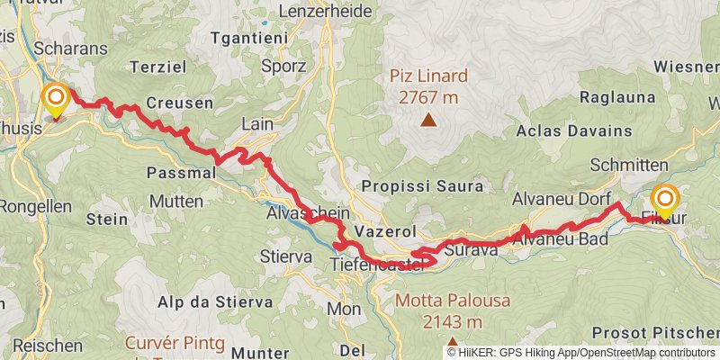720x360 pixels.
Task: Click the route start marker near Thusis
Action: click(57, 98)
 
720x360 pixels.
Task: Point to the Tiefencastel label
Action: click(375, 264)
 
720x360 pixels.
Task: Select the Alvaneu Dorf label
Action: click(562, 198)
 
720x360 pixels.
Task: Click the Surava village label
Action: click(471, 249)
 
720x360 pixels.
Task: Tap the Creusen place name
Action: click(179, 103)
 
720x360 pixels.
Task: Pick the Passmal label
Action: click(180, 171)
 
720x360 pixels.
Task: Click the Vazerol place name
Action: click(383, 231)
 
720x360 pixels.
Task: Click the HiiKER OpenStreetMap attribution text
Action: click(582, 352)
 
